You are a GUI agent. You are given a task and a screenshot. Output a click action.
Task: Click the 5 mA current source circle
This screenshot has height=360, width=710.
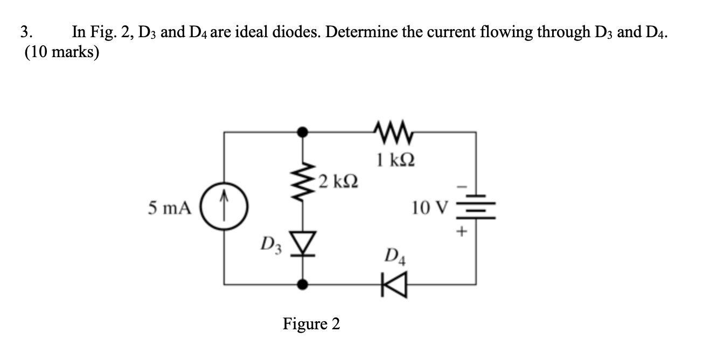[x=224, y=206]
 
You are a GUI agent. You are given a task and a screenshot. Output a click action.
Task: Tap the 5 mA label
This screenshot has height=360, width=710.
[x=170, y=208]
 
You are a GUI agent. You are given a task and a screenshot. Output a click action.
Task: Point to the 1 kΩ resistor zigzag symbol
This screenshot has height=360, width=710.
[x=394, y=132]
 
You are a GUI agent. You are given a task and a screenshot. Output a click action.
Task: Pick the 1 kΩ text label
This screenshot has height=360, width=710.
[x=395, y=160]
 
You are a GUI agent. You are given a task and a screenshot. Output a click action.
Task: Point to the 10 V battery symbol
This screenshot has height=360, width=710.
[x=476, y=207]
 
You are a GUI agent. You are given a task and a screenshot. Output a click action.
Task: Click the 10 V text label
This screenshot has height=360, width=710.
[x=430, y=207]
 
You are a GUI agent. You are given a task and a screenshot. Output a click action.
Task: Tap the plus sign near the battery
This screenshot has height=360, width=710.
[x=462, y=231]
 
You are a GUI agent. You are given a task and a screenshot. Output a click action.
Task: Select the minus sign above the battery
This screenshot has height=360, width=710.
[x=462, y=187]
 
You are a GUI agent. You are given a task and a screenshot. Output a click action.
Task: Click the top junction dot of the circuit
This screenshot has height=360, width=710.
[x=303, y=131]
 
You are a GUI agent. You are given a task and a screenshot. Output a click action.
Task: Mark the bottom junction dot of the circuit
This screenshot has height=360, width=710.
[x=303, y=285]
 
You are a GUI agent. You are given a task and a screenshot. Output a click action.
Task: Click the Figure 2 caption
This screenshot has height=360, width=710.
[x=311, y=324]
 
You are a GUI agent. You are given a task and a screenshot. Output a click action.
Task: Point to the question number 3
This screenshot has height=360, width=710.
[x=26, y=32]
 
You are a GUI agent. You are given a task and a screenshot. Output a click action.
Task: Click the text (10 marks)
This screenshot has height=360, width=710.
[x=62, y=52]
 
